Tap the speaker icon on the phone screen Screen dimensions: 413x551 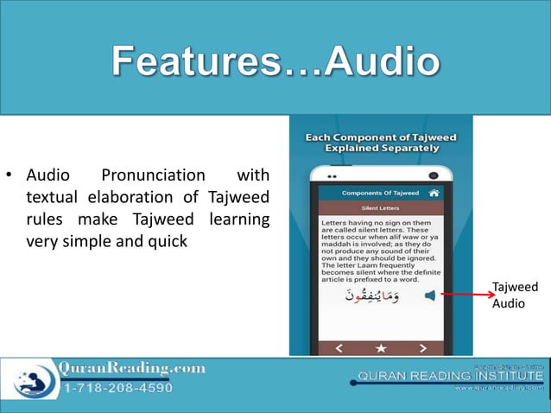430,295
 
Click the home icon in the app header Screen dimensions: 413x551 434,193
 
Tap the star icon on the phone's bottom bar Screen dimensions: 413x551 381,348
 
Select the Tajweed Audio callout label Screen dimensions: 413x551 515,295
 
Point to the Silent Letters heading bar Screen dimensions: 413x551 381,208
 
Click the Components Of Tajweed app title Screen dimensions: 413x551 380,193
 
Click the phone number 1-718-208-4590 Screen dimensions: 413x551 117,388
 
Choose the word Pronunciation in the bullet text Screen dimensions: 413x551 153,175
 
